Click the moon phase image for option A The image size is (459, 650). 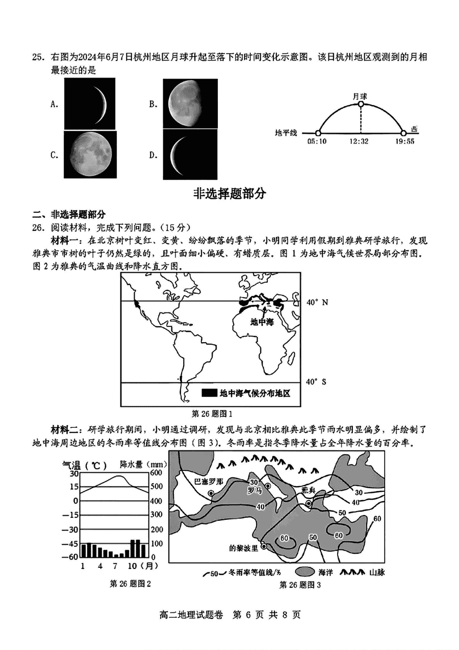89,104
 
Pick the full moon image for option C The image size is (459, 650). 89,154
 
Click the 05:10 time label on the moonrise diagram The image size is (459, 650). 317,141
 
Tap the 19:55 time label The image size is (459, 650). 404,141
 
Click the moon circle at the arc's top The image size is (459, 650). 360,105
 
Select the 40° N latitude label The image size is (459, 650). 317,302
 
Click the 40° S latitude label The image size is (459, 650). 316,381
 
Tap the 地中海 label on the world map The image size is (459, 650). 262,322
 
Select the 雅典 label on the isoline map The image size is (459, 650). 309,489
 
